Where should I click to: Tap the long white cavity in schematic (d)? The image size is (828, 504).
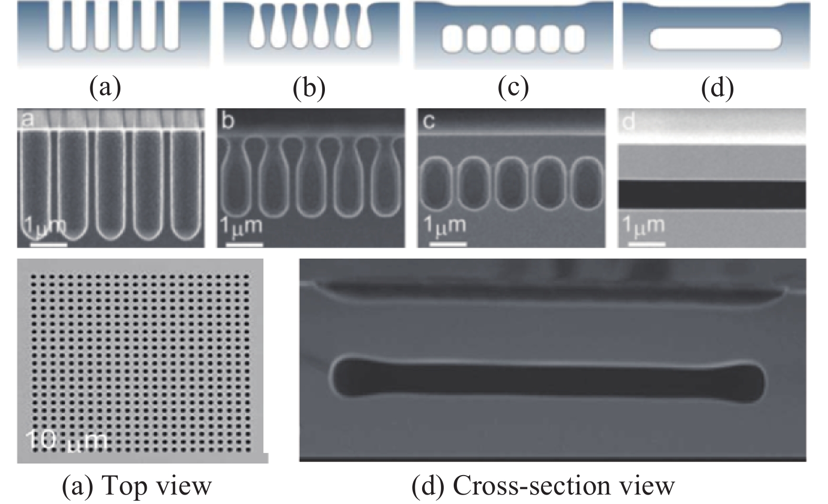716,39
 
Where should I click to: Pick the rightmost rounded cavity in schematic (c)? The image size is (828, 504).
574,39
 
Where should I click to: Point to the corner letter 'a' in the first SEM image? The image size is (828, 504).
27,119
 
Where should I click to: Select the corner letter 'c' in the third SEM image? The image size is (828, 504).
428,122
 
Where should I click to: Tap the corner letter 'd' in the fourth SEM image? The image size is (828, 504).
629,122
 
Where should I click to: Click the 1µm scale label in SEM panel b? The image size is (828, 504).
240,226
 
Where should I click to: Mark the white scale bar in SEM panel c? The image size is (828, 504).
448,243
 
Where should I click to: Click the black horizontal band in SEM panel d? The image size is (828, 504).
711,195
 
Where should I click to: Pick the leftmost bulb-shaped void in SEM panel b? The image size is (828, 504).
232,179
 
